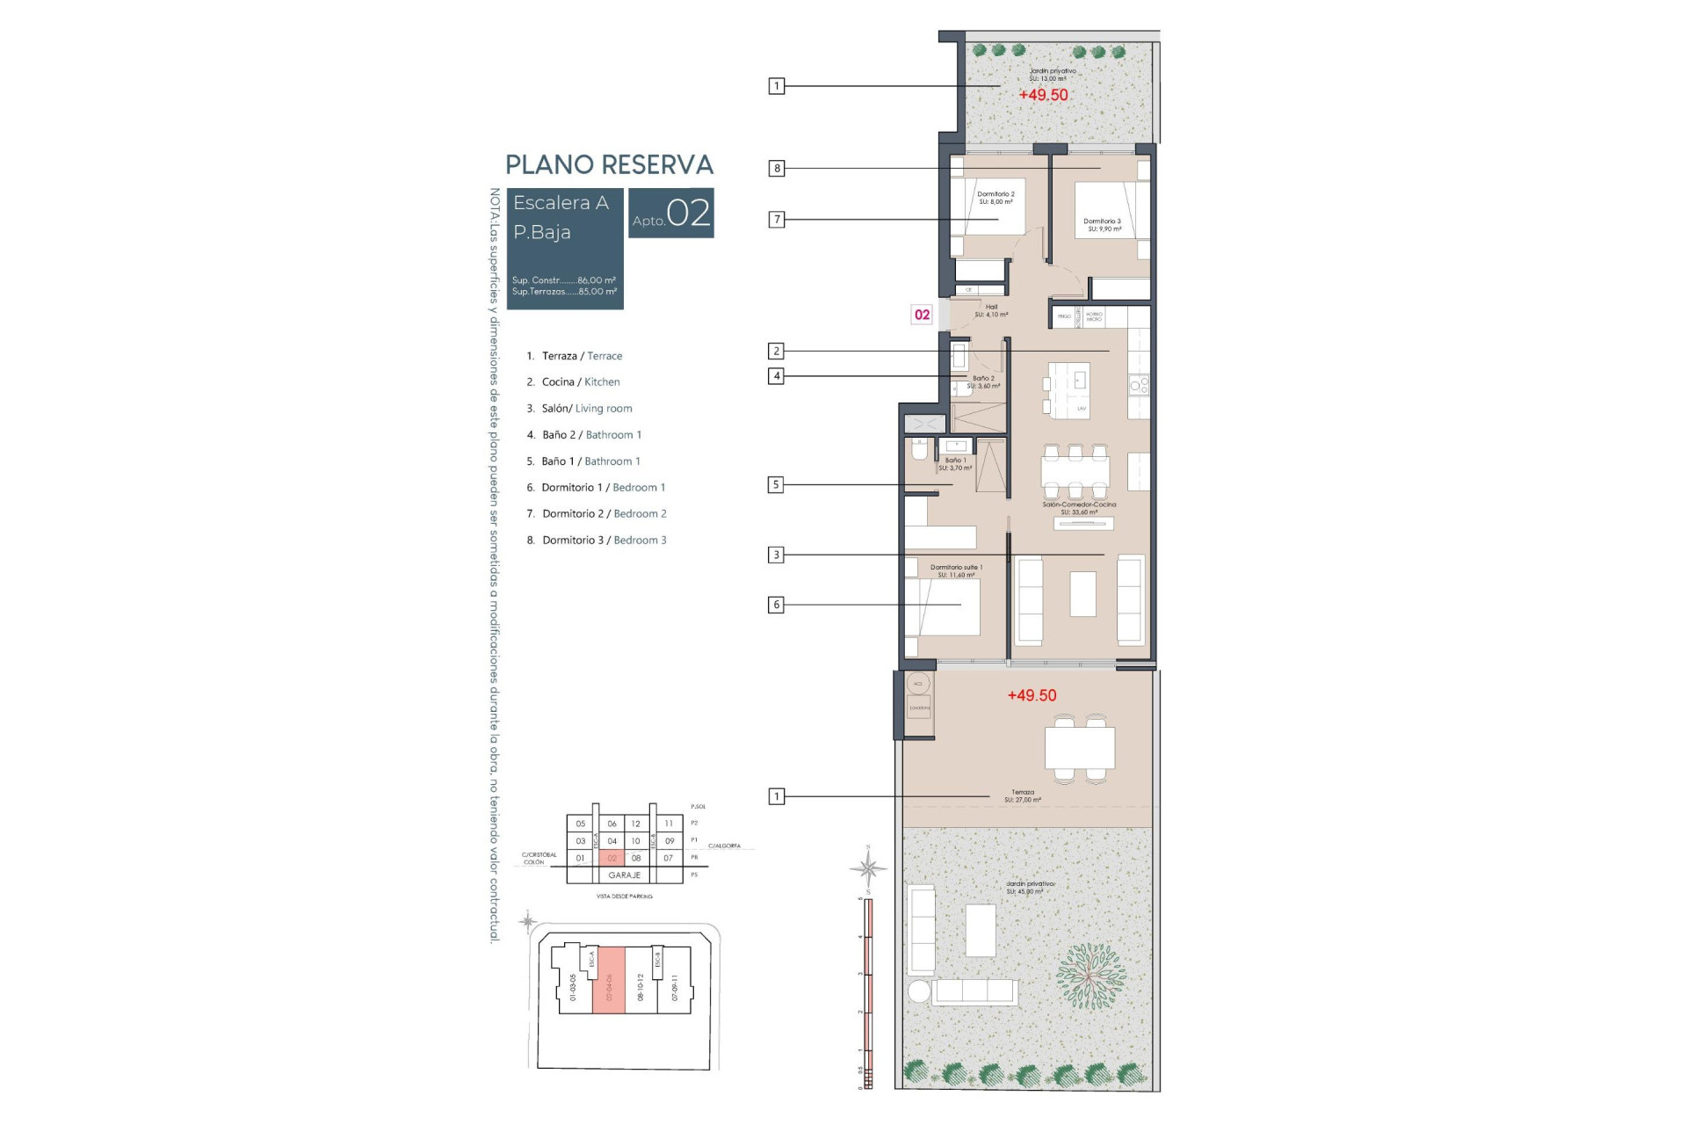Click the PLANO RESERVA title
(x=609, y=165)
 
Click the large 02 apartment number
(x=688, y=214)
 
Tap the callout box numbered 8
(x=776, y=168)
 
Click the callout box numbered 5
(x=775, y=484)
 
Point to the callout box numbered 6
(x=775, y=605)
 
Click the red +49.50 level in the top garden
(x=1043, y=95)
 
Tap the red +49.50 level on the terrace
(x=1032, y=695)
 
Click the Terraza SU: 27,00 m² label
(x=1023, y=795)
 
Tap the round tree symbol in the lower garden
(x=1090, y=976)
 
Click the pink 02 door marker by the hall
(x=922, y=315)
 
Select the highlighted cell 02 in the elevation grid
(x=612, y=858)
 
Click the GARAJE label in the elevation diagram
(x=624, y=875)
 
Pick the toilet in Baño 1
(x=919, y=451)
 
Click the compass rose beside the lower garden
(x=868, y=868)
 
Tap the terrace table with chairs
(x=1079, y=748)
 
